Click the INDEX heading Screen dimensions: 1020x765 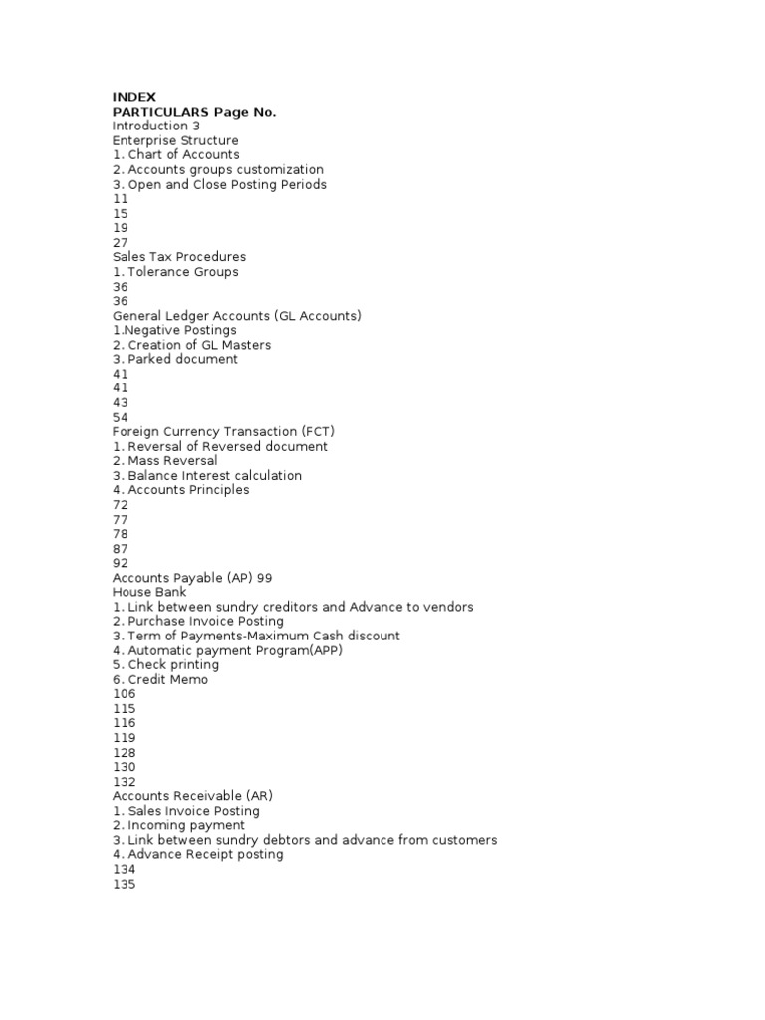click(133, 97)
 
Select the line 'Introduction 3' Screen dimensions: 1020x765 click(155, 127)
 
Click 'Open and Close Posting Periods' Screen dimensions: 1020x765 click(219, 184)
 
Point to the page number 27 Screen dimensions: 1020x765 click(120, 242)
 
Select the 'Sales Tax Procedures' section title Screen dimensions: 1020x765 click(178, 257)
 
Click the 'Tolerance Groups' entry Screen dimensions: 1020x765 click(175, 271)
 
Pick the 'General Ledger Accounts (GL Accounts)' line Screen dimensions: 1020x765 click(236, 315)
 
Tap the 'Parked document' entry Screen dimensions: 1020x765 click(175, 359)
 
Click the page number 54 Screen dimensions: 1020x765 click(120, 417)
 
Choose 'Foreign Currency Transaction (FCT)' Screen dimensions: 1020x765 click(223, 431)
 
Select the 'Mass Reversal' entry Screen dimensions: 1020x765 click(165, 461)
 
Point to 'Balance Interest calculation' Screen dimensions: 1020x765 click(207, 475)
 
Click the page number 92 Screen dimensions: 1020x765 click(120, 563)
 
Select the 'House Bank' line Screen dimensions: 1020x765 click(149, 592)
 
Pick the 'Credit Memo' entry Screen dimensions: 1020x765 click(160, 679)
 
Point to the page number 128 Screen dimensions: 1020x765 click(124, 752)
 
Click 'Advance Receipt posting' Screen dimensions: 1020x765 click(197, 854)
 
